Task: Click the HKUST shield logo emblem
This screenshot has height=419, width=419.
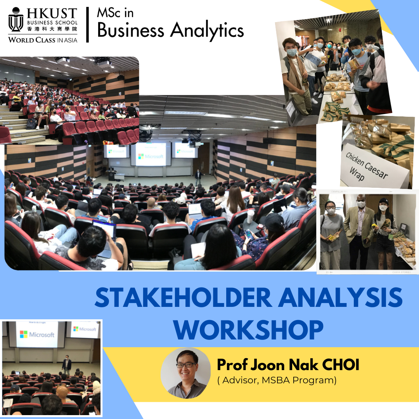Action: click(16, 20)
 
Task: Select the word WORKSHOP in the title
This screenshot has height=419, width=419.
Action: click(248, 330)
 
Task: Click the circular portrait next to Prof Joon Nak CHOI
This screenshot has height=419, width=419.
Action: click(185, 373)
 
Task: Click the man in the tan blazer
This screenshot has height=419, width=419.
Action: click(359, 229)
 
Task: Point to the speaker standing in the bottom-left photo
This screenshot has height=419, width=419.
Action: click(67, 363)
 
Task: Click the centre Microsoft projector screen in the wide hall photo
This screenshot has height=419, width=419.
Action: click(150, 154)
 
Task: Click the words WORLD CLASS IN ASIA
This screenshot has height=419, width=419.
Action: click(43, 39)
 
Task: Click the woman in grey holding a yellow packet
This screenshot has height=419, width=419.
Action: click(331, 233)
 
